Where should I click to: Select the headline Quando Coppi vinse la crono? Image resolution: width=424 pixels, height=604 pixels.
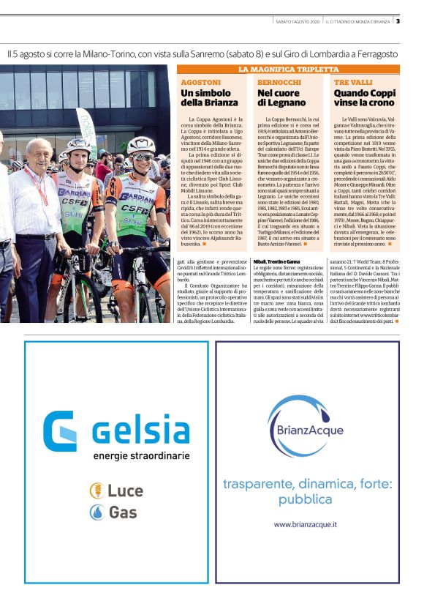click(x=363, y=98)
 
